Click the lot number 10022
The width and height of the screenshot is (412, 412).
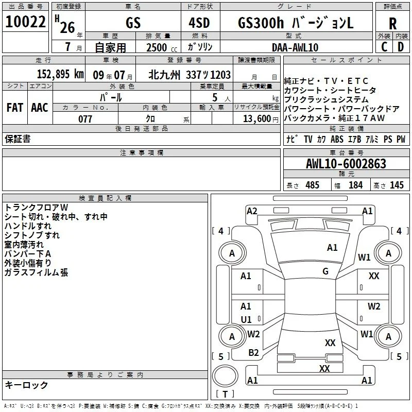pos(25,22)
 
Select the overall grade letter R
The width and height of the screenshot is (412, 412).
pos(392,24)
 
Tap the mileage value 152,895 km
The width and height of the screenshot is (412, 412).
pos(60,74)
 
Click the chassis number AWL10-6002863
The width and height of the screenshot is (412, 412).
pos(346,164)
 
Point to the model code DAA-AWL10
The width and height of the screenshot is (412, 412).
pos(295,47)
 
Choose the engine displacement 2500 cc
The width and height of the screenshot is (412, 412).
pos(162,47)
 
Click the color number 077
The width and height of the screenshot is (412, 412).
pos(85,119)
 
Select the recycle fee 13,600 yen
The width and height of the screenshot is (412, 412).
pos(261,119)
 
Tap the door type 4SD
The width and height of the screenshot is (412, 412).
pos(199,23)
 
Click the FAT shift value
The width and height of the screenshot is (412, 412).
pos(15,108)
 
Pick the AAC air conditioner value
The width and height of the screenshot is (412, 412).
pos(40,108)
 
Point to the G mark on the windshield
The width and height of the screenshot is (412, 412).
pos(325,271)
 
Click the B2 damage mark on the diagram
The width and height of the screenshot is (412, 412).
pos(253,353)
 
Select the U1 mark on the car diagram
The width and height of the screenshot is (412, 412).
pos(246,319)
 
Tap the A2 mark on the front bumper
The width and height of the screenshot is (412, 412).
pos(252,211)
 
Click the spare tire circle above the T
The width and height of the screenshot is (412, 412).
pos(225,376)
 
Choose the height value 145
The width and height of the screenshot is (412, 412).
pos(397,185)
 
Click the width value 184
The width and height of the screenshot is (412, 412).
pos(355,185)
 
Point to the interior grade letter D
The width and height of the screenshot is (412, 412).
pos(401,47)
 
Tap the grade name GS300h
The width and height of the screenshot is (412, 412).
pos(261,23)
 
